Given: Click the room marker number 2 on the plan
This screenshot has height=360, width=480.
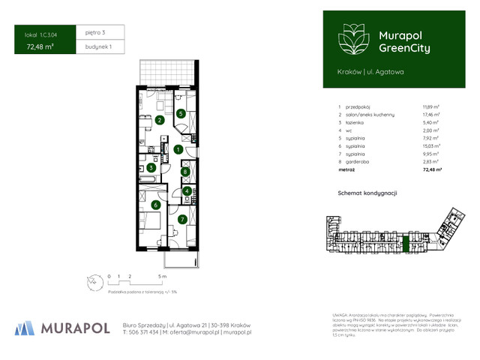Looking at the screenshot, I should (x=160, y=120).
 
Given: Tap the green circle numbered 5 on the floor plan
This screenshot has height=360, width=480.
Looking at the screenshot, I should (x=181, y=113).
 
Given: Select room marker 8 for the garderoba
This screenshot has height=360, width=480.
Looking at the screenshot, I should (x=186, y=172).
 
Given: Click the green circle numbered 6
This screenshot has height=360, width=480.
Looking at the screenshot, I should (x=155, y=204).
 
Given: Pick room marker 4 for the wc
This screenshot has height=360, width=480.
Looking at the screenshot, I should (x=187, y=191).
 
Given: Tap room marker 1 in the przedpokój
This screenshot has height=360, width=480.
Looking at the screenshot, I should (x=177, y=149).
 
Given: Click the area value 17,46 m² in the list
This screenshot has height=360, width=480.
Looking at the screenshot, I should (x=429, y=114).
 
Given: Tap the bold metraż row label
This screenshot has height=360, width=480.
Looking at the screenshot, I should (x=347, y=169).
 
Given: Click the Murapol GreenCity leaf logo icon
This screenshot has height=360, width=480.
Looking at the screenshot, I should (x=352, y=38).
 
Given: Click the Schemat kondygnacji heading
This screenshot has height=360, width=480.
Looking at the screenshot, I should (x=367, y=193).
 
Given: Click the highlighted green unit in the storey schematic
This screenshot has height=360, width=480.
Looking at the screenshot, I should (x=406, y=242).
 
